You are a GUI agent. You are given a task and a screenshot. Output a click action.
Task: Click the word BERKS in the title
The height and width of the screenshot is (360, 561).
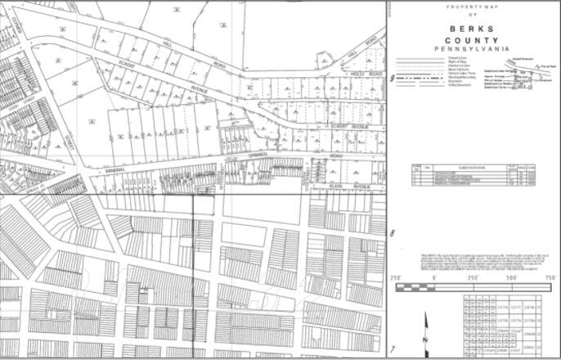[472, 26]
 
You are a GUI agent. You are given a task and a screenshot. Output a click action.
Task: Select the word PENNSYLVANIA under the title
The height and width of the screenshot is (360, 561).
[472, 48]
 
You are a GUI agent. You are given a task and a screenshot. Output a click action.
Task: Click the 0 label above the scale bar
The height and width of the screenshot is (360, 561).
[432, 279]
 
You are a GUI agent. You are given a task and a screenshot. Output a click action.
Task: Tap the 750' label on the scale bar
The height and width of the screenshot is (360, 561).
[549, 279]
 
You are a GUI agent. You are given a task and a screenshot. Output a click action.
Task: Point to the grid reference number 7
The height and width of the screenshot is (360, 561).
[393, 349]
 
